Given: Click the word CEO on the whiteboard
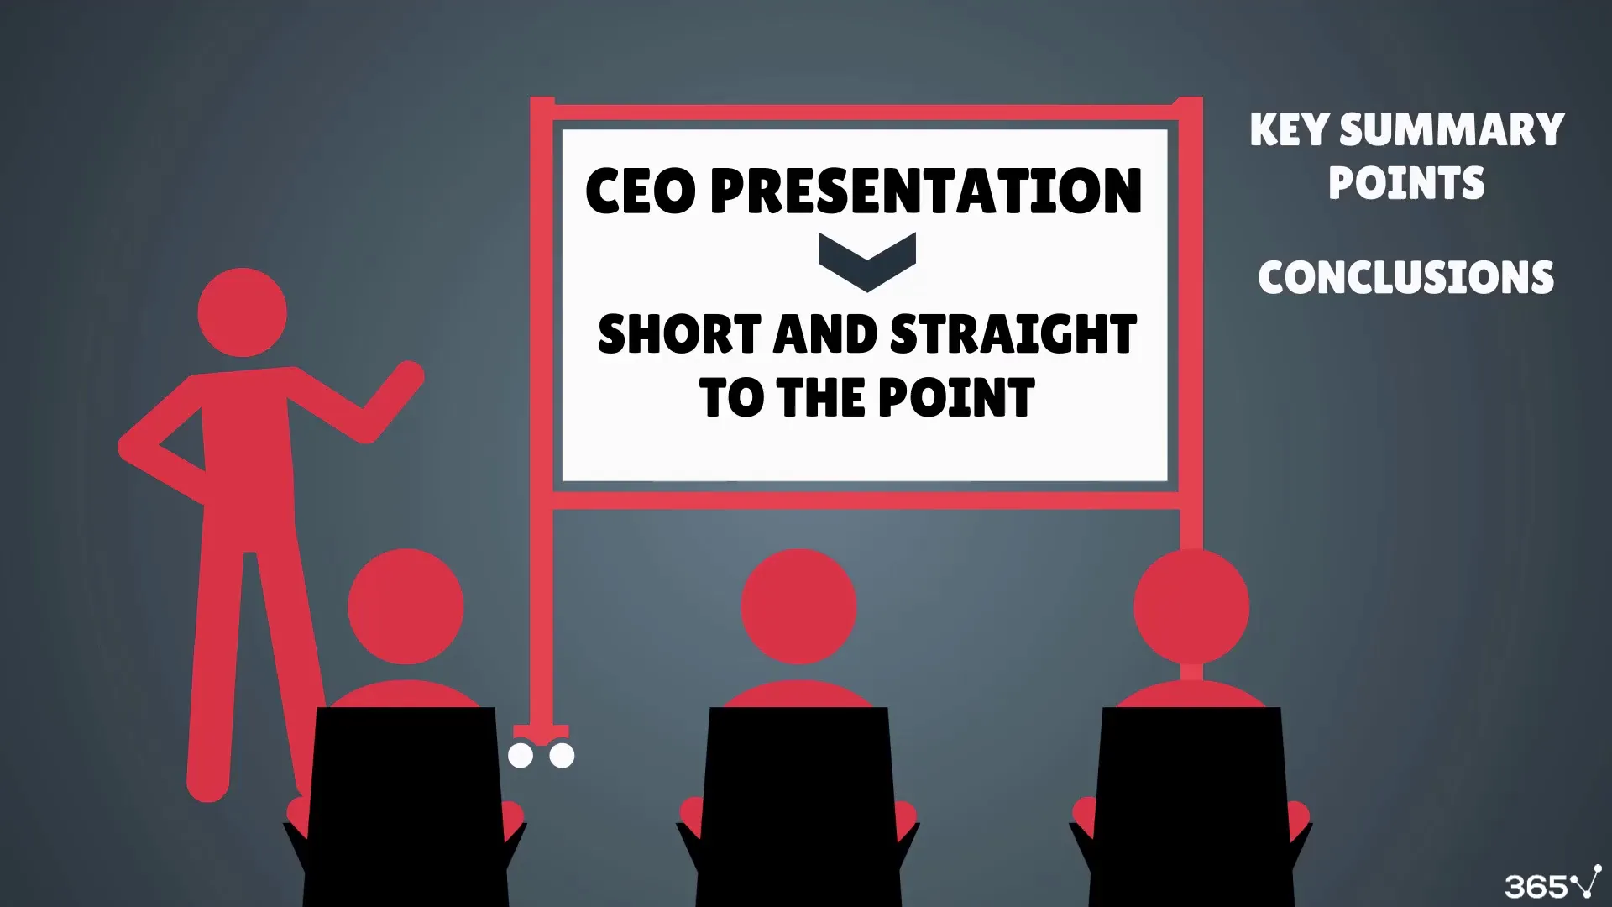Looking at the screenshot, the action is [640, 191].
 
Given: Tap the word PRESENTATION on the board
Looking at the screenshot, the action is [926, 191].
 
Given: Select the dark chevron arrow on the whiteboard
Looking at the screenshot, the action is [866, 262].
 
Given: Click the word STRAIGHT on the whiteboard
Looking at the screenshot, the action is [1013, 333].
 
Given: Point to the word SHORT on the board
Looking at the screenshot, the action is [679, 333].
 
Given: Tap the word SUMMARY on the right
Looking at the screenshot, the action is [1452, 130].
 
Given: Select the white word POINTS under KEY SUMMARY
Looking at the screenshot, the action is [1406, 182].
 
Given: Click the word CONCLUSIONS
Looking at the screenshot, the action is [1406, 277].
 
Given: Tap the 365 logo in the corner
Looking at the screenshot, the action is [1553, 883].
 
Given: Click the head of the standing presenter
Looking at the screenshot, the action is [242, 312].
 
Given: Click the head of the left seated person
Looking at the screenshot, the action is [406, 606].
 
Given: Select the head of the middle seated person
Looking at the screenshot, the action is [798, 606].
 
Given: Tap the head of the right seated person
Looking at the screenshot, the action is [1191, 606].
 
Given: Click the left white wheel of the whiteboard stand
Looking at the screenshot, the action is [521, 756].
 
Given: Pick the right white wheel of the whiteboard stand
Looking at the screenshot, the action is [562, 756].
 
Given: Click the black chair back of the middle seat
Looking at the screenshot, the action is [798, 806].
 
